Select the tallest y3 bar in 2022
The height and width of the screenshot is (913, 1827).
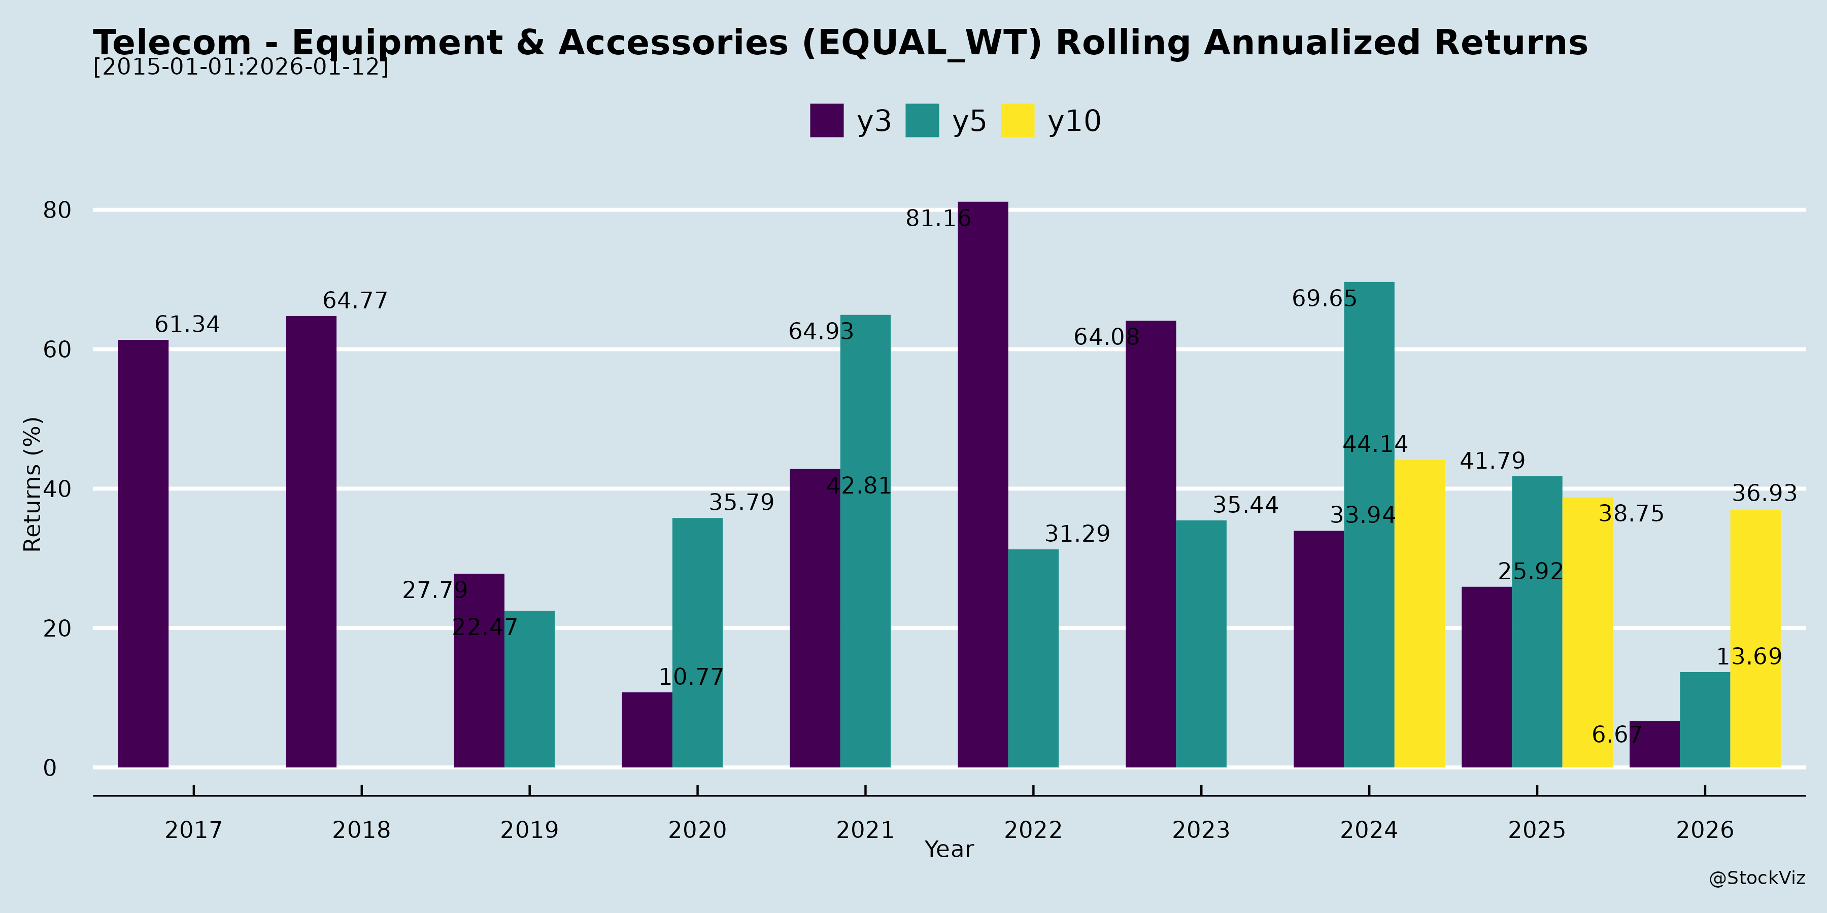click(x=983, y=484)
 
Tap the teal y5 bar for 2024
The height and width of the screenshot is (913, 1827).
click(x=1369, y=524)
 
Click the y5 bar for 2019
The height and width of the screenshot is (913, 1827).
click(x=529, y=689)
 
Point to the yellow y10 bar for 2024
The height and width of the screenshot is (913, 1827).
click(x=1419, y=613)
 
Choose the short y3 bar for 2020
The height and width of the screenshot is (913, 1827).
click(x=647, y=729)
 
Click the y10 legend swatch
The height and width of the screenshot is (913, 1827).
click(x=1017, y=121)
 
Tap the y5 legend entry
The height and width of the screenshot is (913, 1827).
click(x=945, y=121)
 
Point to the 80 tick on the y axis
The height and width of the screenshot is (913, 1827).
click(x=57, y=210)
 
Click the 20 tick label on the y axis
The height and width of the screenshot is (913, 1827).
click(x=57, y=628)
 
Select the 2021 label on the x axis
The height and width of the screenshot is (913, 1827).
click(x=865, y=829)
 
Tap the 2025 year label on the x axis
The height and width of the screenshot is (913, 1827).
click(x=1536, y=829)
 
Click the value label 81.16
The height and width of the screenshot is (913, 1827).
click(x=938, y=218)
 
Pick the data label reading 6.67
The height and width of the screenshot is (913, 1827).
click(x=1616, y=734)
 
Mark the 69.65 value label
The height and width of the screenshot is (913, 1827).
click(x=1324, y=298)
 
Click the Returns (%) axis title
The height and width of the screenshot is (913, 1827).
click(x=32, y=484)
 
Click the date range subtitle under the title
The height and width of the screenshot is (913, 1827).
click(x=241, y=67)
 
